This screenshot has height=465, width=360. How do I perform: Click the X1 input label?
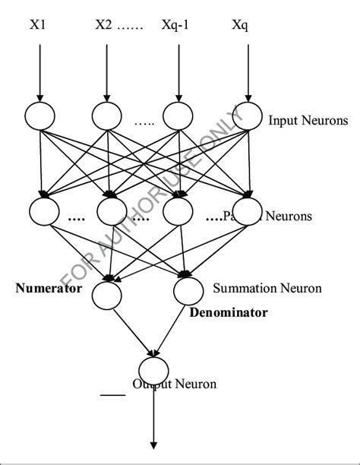(38, 25)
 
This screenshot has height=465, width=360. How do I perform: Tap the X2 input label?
(103, 25)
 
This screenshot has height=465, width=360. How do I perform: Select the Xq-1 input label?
(176, 25)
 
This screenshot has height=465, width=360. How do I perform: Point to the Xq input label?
(240, 25)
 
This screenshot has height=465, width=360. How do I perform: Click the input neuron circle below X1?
(39, 115)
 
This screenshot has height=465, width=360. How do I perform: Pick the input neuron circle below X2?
(107, 115)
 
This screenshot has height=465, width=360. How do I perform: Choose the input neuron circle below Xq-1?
(177, 116)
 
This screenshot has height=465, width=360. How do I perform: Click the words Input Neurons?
(308, 120)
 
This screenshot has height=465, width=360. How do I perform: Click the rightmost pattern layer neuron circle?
(246, 210)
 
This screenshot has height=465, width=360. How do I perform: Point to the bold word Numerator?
(48, 289)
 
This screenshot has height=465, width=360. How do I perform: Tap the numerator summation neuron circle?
(107, 294)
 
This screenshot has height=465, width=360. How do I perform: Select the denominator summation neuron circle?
(188, 289)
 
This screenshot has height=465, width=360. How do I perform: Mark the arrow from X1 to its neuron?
(39, 72)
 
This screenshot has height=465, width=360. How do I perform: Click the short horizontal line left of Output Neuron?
(112, 394)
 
